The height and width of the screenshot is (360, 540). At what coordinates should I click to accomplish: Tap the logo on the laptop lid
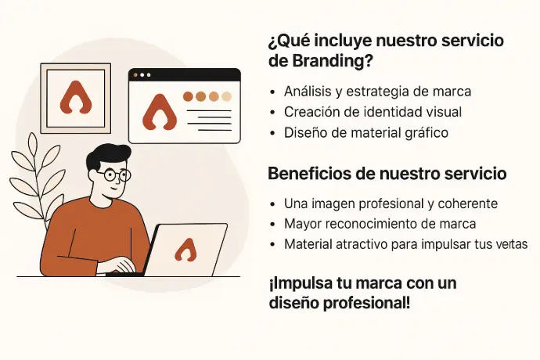186,250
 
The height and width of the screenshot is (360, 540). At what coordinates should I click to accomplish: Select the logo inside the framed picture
76,98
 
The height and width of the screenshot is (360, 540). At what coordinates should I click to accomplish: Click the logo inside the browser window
160,113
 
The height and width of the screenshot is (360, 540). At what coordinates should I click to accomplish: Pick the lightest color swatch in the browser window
226,96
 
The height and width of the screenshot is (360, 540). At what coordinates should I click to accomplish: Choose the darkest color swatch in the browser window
188,96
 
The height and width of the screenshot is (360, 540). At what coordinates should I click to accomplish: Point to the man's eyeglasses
113,175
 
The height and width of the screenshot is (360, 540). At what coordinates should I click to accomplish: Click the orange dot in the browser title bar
135,75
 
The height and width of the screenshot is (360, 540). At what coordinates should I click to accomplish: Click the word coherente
468,203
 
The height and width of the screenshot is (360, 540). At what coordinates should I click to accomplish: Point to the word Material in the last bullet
308,244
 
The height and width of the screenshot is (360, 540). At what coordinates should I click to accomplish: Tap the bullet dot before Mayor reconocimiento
273,225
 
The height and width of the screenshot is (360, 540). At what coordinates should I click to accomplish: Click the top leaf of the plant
33,143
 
